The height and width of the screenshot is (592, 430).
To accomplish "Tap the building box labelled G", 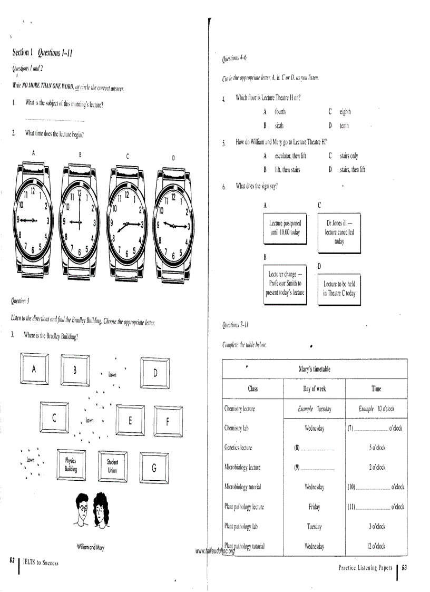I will point(153,468).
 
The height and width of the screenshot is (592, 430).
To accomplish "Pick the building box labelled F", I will point(167,421).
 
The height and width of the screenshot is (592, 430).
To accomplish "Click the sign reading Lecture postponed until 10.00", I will point(285,228).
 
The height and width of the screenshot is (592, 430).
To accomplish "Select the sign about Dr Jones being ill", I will point(339,232).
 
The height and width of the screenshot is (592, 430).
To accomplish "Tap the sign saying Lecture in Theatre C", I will point(339,288).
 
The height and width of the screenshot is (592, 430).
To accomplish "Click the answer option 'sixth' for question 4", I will point(279,126).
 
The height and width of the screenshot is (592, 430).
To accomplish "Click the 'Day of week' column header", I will point(314,389).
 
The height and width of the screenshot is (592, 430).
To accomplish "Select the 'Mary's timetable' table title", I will point(314,369).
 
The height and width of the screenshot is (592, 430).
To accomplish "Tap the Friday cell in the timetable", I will point(314,507).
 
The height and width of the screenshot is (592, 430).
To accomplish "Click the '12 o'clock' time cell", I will point(376,546).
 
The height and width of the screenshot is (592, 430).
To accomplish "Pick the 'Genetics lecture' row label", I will point(239,448).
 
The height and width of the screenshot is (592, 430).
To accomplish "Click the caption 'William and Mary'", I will point(90,548).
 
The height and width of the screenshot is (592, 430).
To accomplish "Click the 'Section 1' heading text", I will point(23,52).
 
